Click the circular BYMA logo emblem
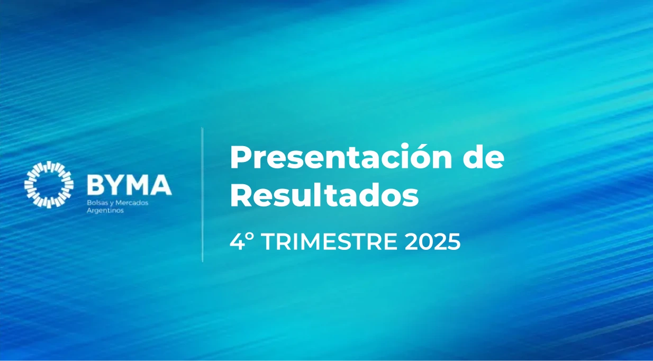pyautogui.click(x=48, y=184)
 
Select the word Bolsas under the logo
pyautogui.click(x=95, y=203)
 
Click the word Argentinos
pyautogui.click(x=104, y=210)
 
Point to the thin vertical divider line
pyautogui.click(x=202, y=194)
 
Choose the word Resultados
pyautogui.click(x=324, y=196)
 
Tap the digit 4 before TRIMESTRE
pyautogui.click(x=236, y=242)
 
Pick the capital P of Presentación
pyautogui.click(x=239, y=158)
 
